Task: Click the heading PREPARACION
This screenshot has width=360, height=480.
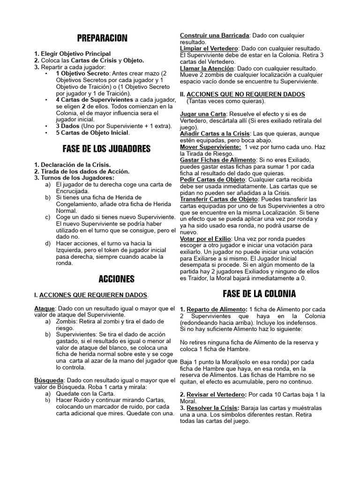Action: point(102,38)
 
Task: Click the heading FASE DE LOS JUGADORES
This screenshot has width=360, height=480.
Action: point(106,149)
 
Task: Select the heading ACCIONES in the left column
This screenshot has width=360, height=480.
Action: point(116,279)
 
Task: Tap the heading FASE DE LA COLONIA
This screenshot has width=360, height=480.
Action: point(259,294)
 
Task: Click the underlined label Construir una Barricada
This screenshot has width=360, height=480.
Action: point(214,35)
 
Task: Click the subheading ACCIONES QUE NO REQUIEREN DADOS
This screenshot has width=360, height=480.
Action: point(246,94)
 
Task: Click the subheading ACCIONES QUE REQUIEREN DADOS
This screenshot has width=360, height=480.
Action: point(93,295)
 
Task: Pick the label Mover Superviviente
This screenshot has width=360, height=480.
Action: point(210,147)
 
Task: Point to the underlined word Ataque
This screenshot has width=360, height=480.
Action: point(45,308)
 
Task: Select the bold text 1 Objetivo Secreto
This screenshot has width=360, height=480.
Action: point(81,74)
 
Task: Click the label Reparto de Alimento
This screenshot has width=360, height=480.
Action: point(216,309)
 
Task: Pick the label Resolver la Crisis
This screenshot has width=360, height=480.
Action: point(213,407)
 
